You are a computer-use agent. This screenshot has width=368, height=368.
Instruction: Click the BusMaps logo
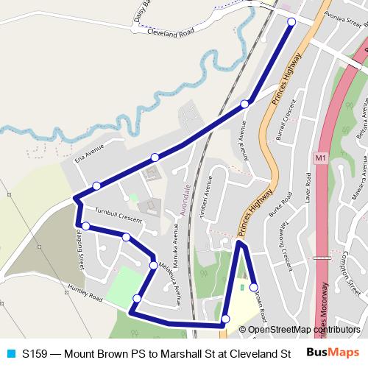333,353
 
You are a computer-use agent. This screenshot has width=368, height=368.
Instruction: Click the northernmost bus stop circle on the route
291,22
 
